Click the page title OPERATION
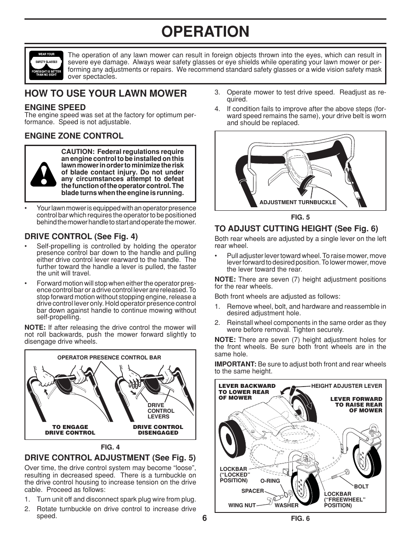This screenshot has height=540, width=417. point(205,31)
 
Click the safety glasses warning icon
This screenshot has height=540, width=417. point(45,66)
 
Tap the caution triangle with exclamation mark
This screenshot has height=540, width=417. point(43,174)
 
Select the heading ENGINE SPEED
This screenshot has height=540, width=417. point(55,107)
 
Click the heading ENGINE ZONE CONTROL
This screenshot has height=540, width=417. point(74,136)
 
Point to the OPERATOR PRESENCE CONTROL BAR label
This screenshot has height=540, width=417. point(109,357)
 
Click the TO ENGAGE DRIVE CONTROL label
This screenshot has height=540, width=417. point(70,430)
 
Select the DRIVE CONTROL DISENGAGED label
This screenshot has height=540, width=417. point(158,430)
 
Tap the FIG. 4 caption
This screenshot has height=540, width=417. point(110,447)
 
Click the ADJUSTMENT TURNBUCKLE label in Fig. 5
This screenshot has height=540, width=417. point(298,202)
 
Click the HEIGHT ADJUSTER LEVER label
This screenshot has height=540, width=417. point(346,386)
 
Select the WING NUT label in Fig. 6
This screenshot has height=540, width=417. point(242,505)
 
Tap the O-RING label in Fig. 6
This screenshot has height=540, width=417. point(270,481)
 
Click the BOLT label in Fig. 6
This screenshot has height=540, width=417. point(361,486)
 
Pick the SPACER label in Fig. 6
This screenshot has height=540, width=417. point(253,491)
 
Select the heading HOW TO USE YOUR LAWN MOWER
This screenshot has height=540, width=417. point(106,93)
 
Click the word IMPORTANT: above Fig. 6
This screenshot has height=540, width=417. point(235,364)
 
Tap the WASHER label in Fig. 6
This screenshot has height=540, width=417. point(286,505)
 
